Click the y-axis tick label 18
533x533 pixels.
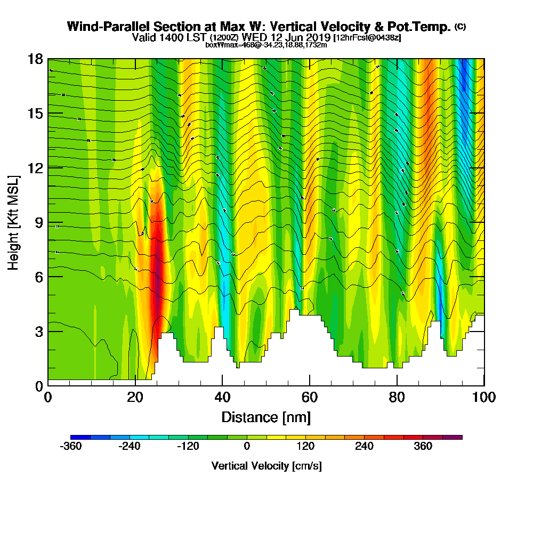(36, 59)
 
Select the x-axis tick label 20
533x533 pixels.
(135, 398)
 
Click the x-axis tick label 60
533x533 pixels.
(309, 398)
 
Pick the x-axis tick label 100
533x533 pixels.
(483, 398)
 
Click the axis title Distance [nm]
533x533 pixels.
(266, 417)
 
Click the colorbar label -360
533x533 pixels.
(71, 447)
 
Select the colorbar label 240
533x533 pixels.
(365, 447)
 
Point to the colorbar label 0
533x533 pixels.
(247, 447)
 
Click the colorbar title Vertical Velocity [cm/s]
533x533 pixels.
(266, 466)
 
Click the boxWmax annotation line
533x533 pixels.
(266, 45)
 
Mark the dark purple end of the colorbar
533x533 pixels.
(456, 437)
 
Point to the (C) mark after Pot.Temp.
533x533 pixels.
(460, 27)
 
